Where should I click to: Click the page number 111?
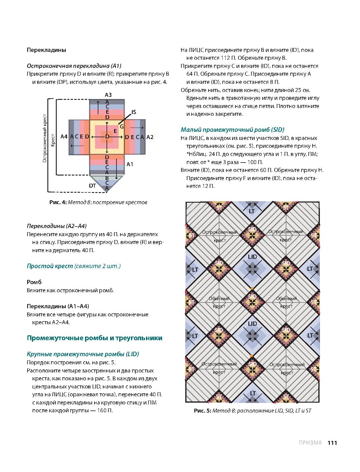pos(332,443)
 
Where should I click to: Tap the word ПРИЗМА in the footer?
pos(310,443)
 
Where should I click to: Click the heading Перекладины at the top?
pos(46,50)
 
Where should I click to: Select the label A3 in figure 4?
pos(108,95)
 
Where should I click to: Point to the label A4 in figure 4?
pos(64,137)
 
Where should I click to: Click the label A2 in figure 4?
pos(150,137)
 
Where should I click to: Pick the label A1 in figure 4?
pos(130,164)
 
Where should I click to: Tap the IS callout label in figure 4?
pos(134,112)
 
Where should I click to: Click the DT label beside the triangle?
pos(92,185)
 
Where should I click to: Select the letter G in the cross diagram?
pos(122,127)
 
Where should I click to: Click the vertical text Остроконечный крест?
pos(45,138)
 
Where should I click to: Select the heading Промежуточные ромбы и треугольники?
pos(94,338)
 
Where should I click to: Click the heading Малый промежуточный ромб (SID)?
pos(232,130)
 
